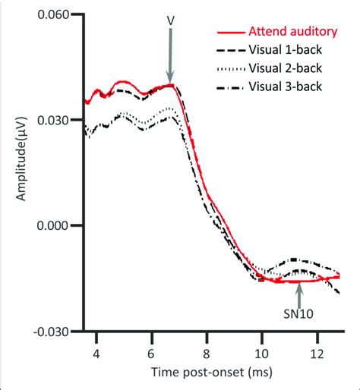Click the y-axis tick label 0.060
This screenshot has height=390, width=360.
[x=61, y=15]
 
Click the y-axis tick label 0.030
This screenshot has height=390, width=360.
[x=61, y=120]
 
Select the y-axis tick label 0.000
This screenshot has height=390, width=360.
[x=61, y=225]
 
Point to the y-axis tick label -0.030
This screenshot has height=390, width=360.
[x=59, y=331]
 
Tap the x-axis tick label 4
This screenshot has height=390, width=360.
[x=96, y=353]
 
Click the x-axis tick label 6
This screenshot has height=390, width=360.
[x=152, y=353]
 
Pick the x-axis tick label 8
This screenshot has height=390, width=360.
[x=207, y=353]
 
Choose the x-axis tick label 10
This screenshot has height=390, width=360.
[x=262, y=353]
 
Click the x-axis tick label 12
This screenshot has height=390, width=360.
[x=317, y=353]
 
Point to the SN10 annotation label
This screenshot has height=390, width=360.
[x=299, y=310]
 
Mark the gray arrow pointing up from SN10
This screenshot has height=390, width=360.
[x=299, y=291]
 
